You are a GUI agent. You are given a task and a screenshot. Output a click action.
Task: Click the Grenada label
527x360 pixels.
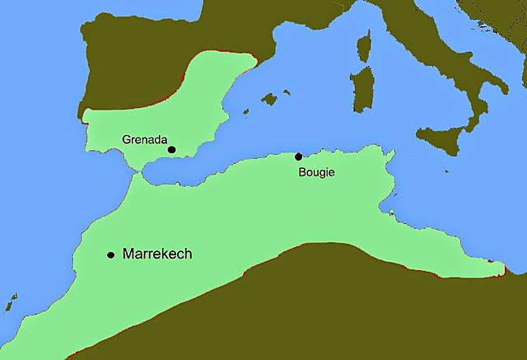click(x=144, y=139)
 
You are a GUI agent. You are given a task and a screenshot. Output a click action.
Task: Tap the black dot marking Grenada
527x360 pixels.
click(x=171, y=149)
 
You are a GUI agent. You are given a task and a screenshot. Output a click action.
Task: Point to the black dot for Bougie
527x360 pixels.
click(x=298, y=157)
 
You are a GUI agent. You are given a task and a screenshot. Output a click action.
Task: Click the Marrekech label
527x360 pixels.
click(x=156, y=254)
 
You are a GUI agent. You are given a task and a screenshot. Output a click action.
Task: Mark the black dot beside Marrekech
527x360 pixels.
click(x=110, y=255)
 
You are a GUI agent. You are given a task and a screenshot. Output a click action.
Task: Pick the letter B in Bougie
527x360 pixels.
click(x=300, y=171)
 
